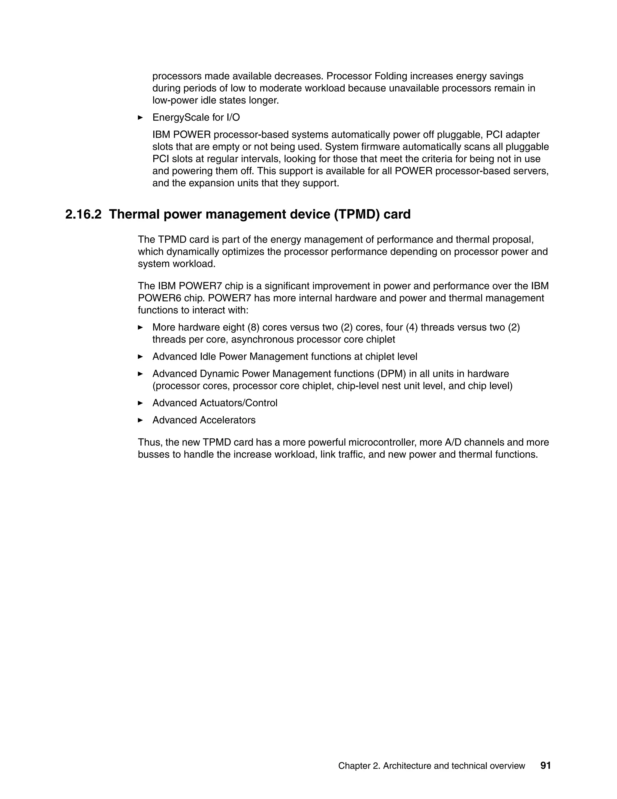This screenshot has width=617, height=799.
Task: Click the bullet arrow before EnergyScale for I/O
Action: pos(140,117)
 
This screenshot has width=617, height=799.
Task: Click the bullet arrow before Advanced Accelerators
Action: pos(140,420)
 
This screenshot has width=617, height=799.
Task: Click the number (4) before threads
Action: pos(412,327)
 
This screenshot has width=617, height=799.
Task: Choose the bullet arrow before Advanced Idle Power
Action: pos(140,356)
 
